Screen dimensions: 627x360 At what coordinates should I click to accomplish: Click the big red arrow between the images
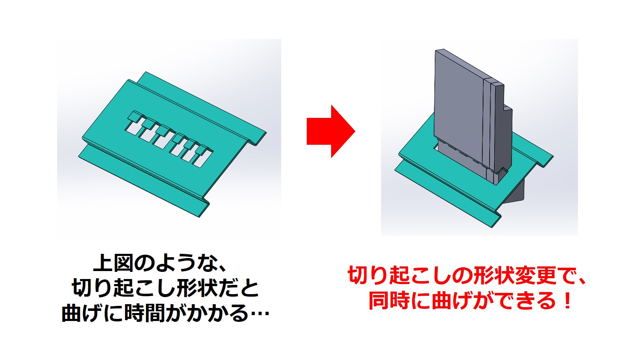click(331, 131)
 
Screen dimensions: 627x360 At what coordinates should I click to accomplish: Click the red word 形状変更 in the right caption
click(514, 276)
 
